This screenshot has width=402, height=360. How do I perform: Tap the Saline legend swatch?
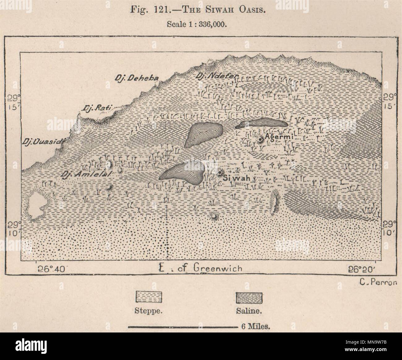pyautogui.click(x=249, y=298)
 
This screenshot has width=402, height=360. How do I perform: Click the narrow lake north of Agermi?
pyautogui.click(x=263, y=123)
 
